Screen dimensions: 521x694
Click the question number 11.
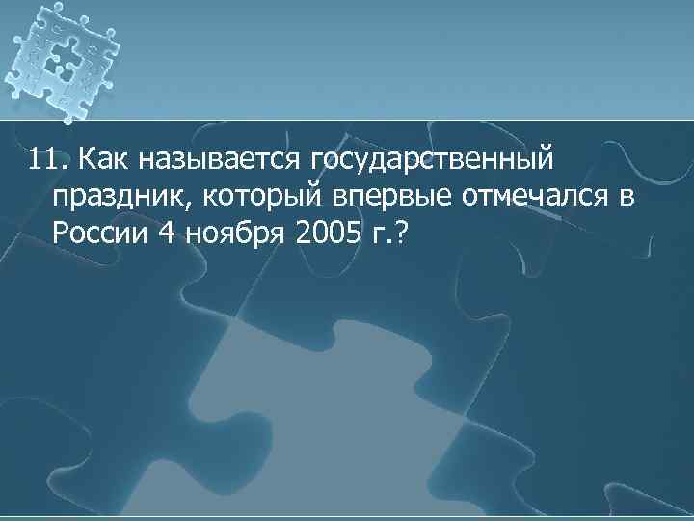(x=46, y=157)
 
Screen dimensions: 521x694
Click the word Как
(x=103, y=157)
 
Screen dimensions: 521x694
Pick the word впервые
(x=377, y=198)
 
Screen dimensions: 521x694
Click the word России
(x=97, y=234)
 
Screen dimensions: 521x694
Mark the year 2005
(x=327, y=234)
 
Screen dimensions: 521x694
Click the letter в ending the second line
(x=627, y=199)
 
